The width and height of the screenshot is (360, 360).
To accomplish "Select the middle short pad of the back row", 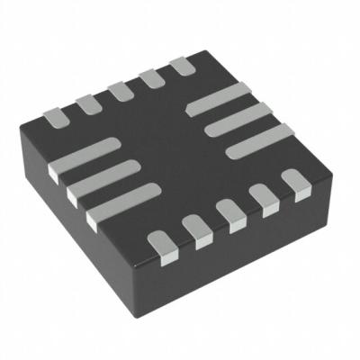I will coord(119,91).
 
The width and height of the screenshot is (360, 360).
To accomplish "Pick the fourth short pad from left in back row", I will coord(150,78).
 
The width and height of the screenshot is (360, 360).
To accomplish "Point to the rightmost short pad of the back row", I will coord(182,66).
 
